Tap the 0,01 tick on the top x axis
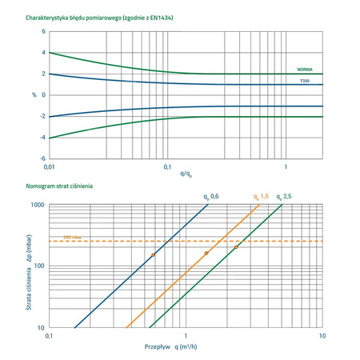click(49, 167)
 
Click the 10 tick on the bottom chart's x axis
click(322, 337)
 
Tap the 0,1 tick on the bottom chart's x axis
click(50, 337)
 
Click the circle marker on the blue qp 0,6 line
click(153, 254)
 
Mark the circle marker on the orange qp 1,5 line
click(206, 253)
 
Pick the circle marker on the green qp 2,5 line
click(236, 247)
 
